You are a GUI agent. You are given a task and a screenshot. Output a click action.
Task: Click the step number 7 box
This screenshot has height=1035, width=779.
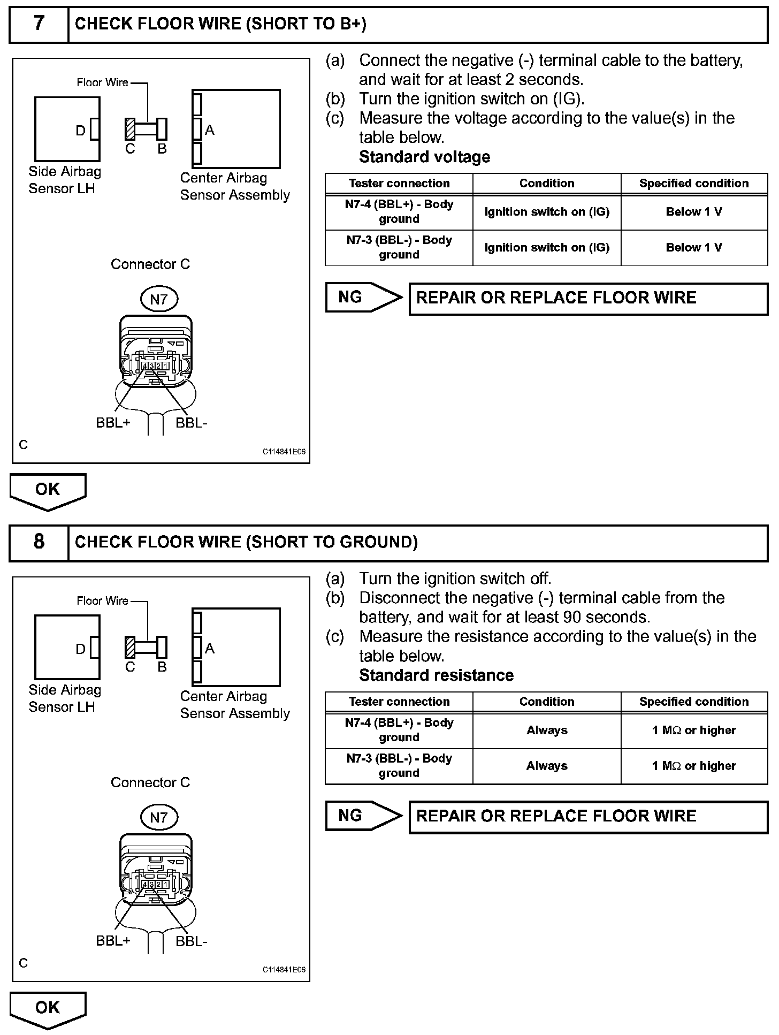(x=39, y=24)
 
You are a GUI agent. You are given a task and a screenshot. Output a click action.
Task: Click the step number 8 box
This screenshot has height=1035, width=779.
(x=39, y=542)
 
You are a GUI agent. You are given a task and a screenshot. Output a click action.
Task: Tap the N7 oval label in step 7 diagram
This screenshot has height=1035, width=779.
(x=158, y=299)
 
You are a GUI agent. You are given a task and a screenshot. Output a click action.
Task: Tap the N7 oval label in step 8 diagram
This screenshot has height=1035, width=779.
(x=158, y=817)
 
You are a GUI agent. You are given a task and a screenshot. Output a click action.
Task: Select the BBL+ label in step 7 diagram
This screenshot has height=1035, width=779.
(x=113, y=423)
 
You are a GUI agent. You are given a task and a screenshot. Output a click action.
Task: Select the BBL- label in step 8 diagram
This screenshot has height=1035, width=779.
(x=191, y=941)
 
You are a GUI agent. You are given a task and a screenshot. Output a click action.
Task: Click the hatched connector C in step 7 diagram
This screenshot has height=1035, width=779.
(x=130, y=129)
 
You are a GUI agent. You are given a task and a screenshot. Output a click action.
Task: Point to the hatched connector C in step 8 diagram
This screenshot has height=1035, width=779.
(x=130, y=647)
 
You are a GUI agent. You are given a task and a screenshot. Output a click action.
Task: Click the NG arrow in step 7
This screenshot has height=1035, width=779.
(x=364, y=298)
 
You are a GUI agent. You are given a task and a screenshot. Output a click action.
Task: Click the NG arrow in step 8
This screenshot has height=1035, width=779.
(x=364, y=816)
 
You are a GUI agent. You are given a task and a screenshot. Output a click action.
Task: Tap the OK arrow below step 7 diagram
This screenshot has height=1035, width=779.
(x=48, y=491)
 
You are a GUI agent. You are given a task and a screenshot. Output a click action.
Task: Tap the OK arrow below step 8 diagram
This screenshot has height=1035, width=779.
(x=48, y=1009)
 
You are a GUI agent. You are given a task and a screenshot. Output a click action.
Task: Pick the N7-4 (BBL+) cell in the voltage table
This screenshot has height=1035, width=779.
(x=399, y=212)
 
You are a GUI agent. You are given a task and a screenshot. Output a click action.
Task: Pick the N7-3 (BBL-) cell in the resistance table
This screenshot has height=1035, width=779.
(x=399, y=766)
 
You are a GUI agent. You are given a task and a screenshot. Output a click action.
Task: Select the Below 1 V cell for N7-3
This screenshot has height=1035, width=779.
(x=694, y=248)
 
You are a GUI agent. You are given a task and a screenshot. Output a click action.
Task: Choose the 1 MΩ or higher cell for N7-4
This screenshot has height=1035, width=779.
(x=694, y=730)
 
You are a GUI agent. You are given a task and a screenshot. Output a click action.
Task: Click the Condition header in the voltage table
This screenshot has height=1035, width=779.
(x=547, y=184)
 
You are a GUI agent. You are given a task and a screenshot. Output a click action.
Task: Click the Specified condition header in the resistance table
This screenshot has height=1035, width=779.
(x=694, y=702)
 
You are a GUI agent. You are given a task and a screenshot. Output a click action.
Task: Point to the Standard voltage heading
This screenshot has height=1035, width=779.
(x=424, y=157)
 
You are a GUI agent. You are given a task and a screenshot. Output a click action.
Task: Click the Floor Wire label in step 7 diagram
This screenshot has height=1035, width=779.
(x=103, y=82)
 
